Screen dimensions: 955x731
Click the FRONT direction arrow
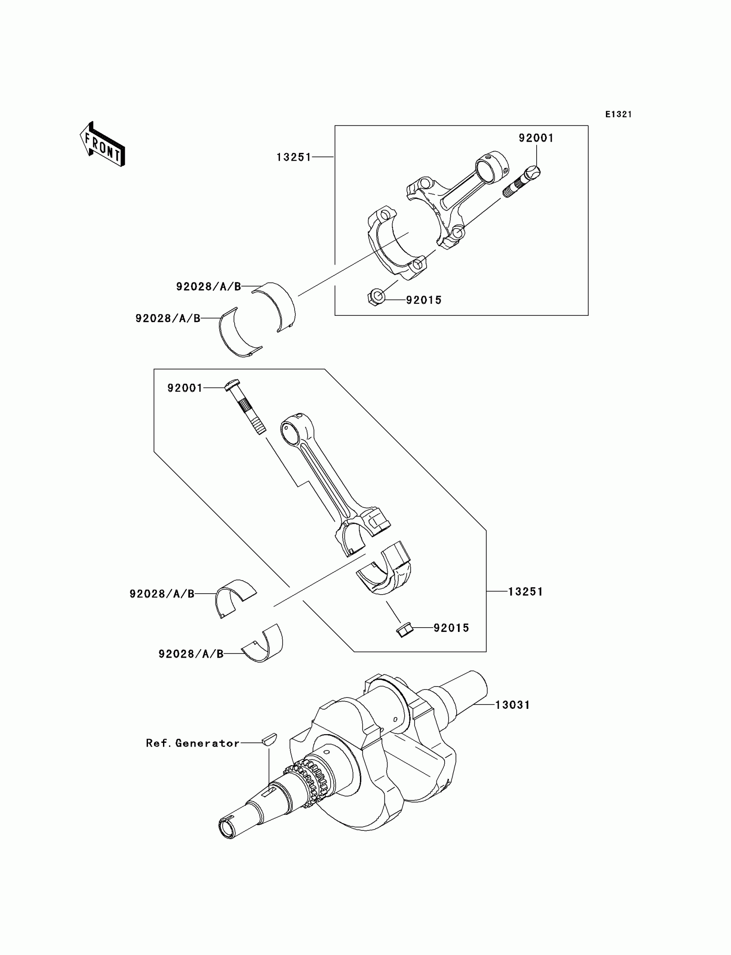103,145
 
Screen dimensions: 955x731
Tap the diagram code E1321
618,114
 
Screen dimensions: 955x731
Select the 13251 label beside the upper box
294,157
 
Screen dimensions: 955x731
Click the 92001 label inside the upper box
536,138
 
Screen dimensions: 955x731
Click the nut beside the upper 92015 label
377,298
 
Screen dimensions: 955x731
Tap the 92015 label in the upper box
424,300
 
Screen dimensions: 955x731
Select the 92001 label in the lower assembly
185,388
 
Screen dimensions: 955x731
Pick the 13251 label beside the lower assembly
525,592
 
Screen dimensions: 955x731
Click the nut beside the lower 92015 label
405,630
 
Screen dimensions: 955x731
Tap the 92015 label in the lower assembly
451,628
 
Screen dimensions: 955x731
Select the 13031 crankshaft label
513,705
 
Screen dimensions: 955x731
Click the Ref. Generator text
192,743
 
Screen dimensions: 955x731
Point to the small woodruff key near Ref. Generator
270,739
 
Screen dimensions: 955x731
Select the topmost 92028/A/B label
209,287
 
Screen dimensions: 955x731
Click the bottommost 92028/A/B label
190,654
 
